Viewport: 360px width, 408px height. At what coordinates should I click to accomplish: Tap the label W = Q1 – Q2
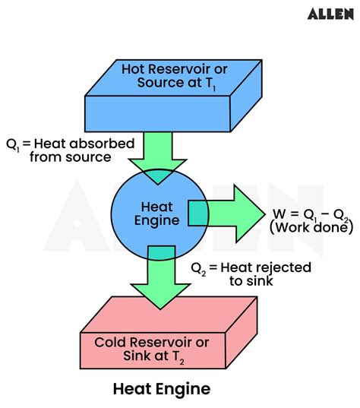click(311, 214)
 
